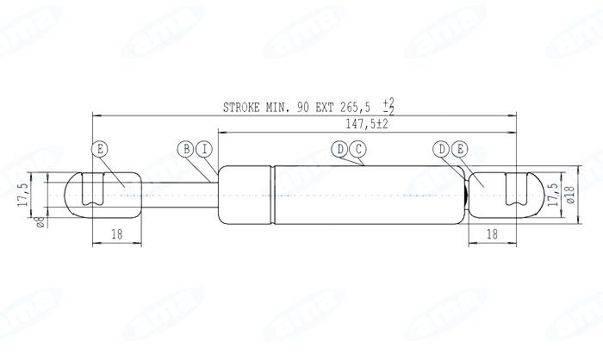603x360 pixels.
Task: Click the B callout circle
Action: click(x=186, y=149)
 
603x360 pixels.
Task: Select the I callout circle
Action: click(x=204, y=149)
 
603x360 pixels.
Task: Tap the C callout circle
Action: click(x=358, y=150)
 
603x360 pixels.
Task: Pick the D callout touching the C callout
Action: click(x=341, y=150)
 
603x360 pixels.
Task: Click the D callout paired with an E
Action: click(x=442, y=150)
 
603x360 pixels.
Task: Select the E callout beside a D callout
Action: click(x=459, y=150)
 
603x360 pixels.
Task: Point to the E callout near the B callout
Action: click(x=100, y=149)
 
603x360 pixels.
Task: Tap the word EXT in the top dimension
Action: click(x=326, y=108)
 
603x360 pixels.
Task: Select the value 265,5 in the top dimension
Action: click(x=356, y=108)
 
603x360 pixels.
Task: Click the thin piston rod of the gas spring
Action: click(x=172, y=196)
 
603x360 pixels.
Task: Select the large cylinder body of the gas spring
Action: click(x=345, y=196)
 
